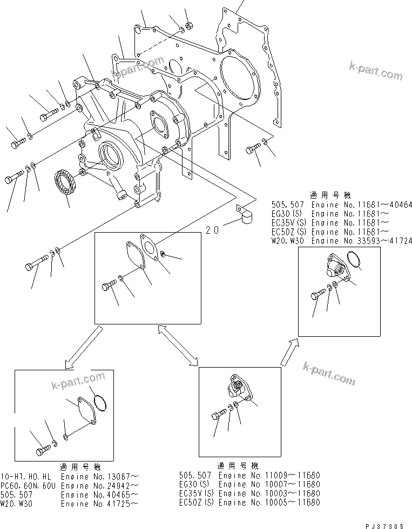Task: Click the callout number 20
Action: click(x=212, y=230)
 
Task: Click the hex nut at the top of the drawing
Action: click(x=189, y=25)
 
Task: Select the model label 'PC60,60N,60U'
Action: click(x=27, y=485)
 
